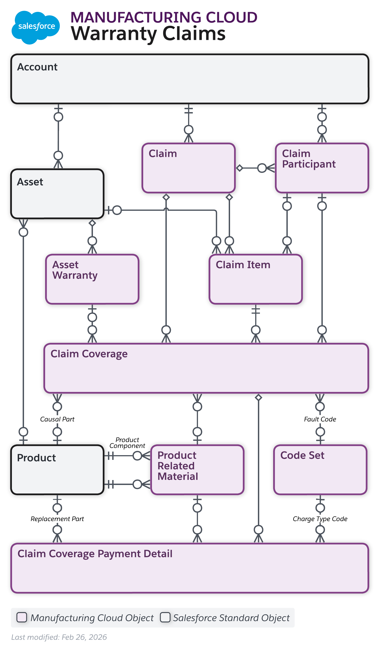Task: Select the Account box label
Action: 37,67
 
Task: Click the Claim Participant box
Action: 322,168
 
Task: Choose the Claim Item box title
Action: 243,265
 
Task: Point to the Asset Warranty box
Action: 92,279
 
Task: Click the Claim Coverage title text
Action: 89,354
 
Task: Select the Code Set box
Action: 320,470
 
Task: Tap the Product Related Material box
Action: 197,470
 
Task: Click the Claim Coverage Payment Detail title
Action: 95,554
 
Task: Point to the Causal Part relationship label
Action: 57,420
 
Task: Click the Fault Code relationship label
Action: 320,420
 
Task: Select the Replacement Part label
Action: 57,519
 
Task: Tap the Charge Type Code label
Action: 320,519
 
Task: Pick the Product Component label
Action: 127,443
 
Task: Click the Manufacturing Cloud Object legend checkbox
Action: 22,617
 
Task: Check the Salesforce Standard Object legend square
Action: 165,617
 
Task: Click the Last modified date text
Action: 59,637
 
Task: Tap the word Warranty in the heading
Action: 114,34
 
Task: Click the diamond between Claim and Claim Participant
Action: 239,168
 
